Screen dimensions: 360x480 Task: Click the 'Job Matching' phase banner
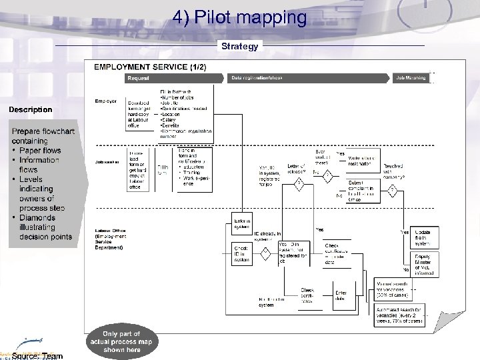pos(412,79)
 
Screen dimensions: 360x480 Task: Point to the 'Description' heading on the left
pos(30,109)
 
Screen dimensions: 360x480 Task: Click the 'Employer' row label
pos(106,101)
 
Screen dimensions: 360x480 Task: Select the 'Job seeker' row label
pos(107,162)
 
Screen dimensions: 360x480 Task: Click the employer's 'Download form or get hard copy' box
pos(143,111)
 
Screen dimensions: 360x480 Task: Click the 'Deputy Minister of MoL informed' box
pos(426,264)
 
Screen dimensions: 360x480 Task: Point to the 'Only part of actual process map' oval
pos(122,342)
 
